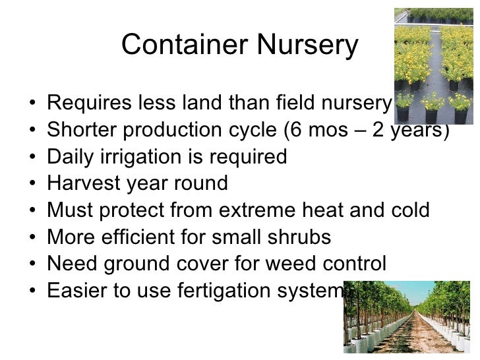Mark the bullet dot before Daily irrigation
[x=32, y=158]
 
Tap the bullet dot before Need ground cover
[x=32, y=265]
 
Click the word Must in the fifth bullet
[x=68, y=210]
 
